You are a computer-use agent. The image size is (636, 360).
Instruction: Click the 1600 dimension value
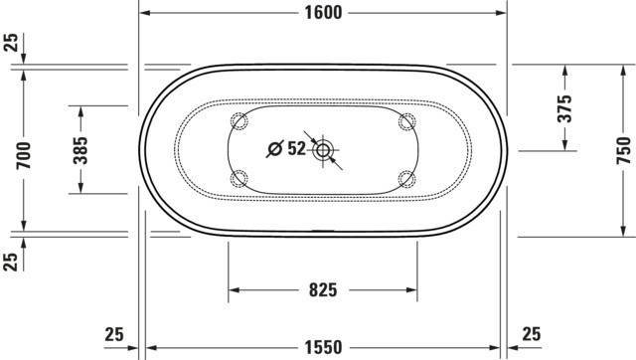(x=323, y=13)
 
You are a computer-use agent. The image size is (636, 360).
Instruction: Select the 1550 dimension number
(x=323, y=348)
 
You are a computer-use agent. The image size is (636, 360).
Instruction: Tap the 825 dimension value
(x=323, y=290)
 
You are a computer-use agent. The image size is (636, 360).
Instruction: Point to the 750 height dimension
(x=624, y=150)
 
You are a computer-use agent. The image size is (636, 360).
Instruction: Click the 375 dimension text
(x=564, y=108)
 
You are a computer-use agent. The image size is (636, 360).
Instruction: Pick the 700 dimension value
(x=23, y=155)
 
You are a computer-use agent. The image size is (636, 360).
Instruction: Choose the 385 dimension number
(x=80, y=150)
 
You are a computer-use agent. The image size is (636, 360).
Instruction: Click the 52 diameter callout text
(x=296, y=148)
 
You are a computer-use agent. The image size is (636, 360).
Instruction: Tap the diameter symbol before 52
(x=274, y=149)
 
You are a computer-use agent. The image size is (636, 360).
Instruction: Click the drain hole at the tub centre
(x=323, y=150)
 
